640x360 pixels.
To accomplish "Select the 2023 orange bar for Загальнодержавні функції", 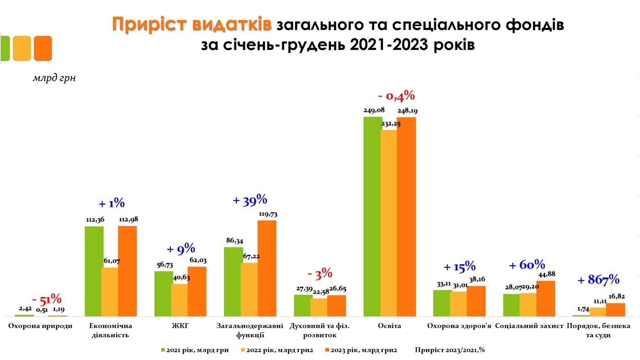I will coord(267,268).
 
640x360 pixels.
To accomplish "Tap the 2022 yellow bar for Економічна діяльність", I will coord(109,292).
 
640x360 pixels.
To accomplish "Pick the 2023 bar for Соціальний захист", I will coord(545,298).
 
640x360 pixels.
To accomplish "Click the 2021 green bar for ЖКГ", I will coord(163,293).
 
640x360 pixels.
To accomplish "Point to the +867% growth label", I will coord(598,279).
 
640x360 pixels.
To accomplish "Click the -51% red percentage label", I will coord(47,300).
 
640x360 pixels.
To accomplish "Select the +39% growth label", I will coord(250,200).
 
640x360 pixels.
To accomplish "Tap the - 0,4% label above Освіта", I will coord(396,96).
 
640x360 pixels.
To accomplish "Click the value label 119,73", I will coord(267,214).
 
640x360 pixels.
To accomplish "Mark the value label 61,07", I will coord(110,261).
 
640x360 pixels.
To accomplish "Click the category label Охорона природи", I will coord(40,326).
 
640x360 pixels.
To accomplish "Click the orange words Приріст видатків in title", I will coord(192,25).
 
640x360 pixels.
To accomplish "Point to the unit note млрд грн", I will coord(54,78).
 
